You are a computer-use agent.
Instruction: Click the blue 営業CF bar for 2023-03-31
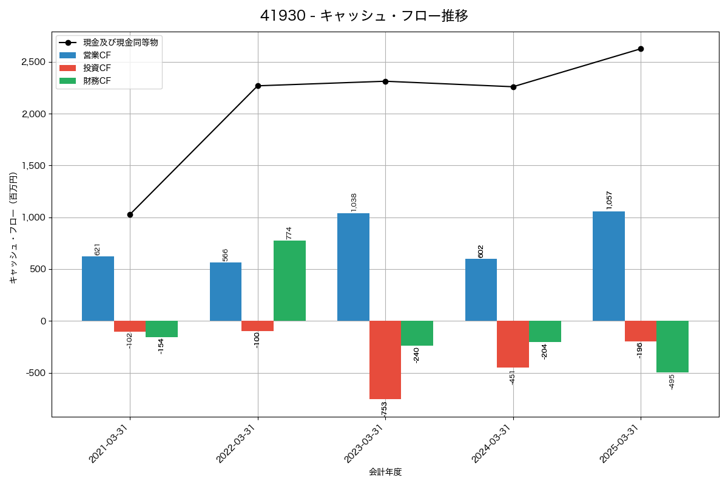point(353,267)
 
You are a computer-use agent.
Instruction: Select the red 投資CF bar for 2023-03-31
point(385,360)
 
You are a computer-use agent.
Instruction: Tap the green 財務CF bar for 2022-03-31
point(289,281)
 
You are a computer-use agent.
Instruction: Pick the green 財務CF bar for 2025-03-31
point(672,346)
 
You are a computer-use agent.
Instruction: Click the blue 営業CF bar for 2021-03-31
point(98,289)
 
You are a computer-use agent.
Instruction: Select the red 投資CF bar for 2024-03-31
point(513,344)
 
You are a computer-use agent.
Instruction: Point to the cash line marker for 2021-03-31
point(130,214)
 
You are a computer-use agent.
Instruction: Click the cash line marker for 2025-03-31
point(641,49)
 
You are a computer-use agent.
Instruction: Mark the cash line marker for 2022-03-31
point(258,86)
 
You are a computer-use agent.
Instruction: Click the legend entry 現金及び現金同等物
point(121,43)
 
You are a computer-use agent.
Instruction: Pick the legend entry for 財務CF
point(97,80)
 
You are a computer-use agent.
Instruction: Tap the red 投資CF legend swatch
point(68,67)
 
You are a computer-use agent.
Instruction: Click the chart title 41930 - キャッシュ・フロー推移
point(364,16)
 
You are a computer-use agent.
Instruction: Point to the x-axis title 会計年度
point(385,472)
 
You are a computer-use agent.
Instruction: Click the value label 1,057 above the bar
point(609,200)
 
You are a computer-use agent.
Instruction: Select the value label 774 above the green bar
point(289,233)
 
